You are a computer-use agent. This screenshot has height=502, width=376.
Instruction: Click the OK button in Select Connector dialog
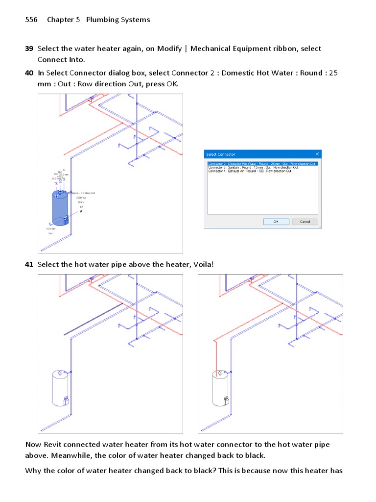(x=276, y=222)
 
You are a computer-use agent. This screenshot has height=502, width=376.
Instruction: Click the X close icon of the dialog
(x=317, y=154)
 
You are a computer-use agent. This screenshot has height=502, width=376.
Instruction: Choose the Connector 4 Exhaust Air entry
(x=250, y=171)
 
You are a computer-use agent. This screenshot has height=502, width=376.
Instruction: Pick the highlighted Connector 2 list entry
(x=262, y=164)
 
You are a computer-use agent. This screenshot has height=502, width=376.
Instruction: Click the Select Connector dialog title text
(x=220, y=154)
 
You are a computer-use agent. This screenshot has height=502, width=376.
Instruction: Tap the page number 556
(x=31, y=20)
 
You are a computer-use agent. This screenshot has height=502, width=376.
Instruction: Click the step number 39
(x=29, y=49)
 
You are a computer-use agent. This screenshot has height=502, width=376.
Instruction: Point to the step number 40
(x=29, y=73)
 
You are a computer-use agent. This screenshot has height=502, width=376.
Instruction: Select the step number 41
(x=29, y=265)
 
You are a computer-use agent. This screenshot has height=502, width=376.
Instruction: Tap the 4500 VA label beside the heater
(x=80, y=198)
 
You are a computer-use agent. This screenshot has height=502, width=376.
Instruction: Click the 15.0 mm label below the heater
(x=51, y=229)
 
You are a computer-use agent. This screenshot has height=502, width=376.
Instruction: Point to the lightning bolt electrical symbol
(x=81, y=211)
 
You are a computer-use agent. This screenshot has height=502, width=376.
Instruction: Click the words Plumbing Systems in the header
(x=118, y=20)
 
